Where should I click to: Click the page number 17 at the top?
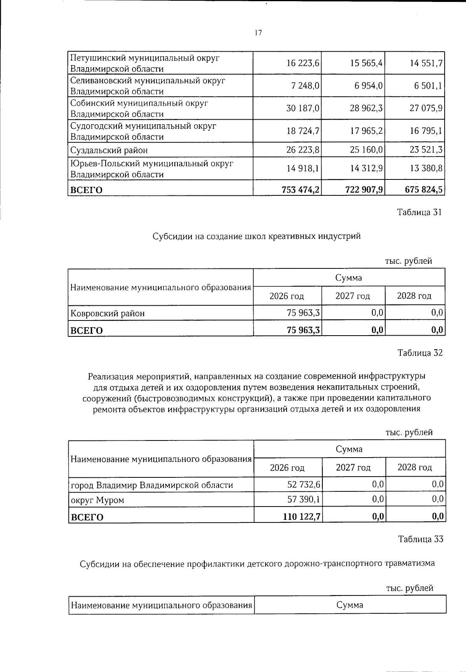(x=258, y=33)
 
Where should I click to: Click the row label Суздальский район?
(x=109, y=150)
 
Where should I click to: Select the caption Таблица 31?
(x=419, y=212)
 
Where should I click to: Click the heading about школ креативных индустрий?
(x=256, y=236)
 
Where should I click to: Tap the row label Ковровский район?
(x=107, y=313)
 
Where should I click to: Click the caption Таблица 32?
(x=420, y=353)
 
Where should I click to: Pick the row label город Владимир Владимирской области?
(x=152, y=485)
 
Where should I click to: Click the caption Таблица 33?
(x=420, y=539)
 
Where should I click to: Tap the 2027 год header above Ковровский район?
(x=353, y=296)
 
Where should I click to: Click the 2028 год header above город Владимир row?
(x=415, y=467)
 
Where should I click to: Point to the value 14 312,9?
(x=367, y=169)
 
